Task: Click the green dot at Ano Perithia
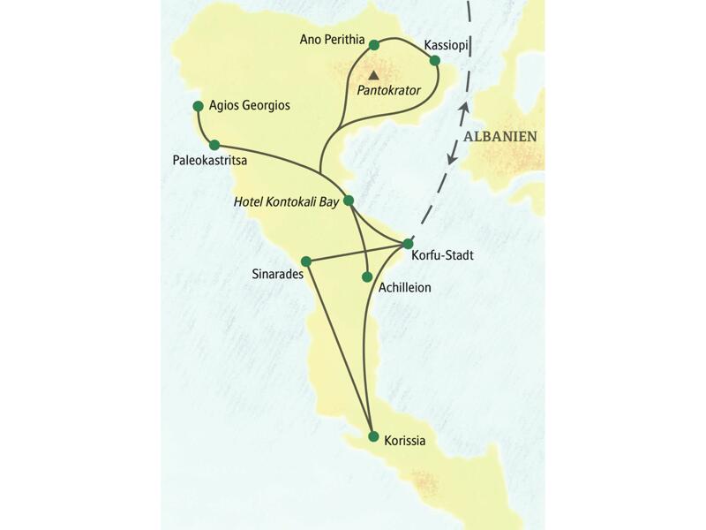pos(374,44)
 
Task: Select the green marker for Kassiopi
pos(434,60)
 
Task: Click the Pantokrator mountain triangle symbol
pos(373,75)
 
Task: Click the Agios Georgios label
pos(250,105)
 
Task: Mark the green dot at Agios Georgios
pos(198,106)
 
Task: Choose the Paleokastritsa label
pos(210,162)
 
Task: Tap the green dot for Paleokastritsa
pos(214,144)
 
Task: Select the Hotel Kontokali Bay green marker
pos(349,201)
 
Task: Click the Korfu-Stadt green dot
pos(408,243)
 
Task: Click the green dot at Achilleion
pos(367,276)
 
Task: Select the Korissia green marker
pos(373,436)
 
